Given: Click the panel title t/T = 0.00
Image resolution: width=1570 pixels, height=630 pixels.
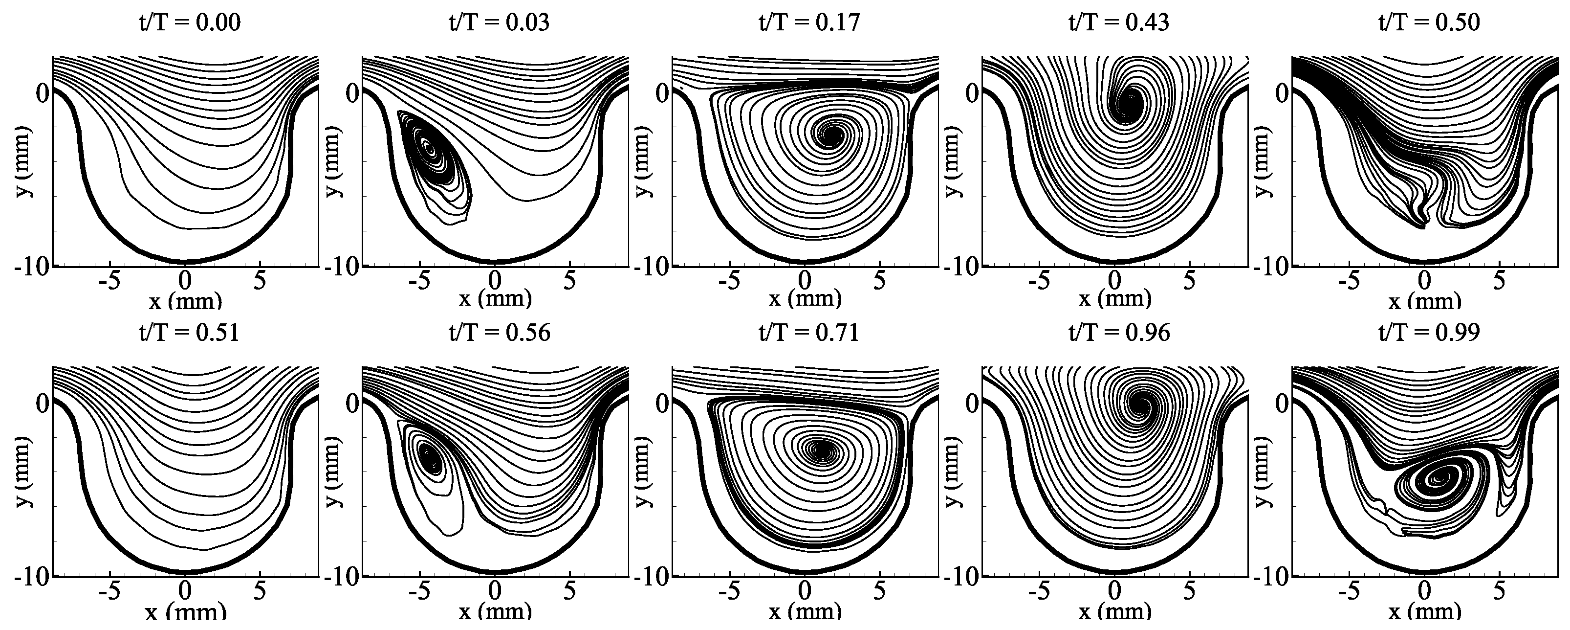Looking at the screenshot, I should [188, 22].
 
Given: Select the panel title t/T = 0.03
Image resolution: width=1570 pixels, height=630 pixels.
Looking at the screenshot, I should [499, 22].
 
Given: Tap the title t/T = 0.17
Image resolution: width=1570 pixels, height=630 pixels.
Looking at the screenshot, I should [809, 22].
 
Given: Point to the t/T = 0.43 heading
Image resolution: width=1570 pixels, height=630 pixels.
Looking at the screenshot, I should [1119, 22].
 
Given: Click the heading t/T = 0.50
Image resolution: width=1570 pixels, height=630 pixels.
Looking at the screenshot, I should [1429, 22].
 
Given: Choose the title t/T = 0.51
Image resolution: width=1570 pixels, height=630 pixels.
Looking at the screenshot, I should [188, 333].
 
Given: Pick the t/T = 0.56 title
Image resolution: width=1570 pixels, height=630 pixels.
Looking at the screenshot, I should [499, 333].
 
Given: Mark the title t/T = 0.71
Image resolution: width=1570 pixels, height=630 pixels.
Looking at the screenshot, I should [809, 333].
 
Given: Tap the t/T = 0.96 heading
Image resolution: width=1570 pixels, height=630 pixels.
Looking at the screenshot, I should [1119, 333].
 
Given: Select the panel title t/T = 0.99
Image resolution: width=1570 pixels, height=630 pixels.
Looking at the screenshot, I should [1429, 333].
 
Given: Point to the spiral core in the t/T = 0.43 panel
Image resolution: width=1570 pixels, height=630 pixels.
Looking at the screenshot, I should [1131, 99].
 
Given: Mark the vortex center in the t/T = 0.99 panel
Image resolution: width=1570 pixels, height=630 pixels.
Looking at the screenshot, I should [1439, 479].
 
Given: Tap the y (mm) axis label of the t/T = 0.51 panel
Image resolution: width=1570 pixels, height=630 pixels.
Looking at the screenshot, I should [23, 472].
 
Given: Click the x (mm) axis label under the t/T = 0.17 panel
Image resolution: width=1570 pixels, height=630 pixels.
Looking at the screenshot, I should [805, 299].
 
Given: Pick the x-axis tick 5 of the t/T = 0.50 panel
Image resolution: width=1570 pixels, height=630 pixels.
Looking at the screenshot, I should [1499, 281].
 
